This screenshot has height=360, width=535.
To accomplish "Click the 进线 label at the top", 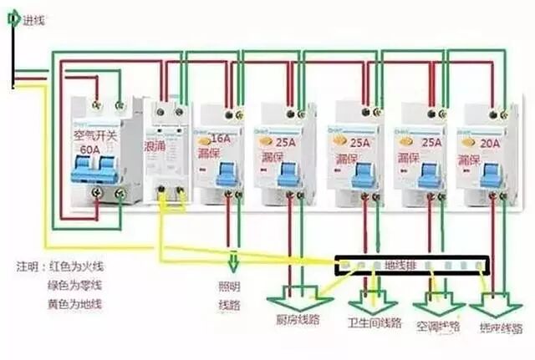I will [x=33, y=16].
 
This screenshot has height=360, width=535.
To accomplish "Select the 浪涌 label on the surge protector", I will [x=155, y=145].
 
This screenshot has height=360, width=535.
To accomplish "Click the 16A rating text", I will [x=222, y=138].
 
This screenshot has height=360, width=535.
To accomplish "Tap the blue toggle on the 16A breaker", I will [x=224, y=175].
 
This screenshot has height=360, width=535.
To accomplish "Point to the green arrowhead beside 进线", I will [x=13, y=16].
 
